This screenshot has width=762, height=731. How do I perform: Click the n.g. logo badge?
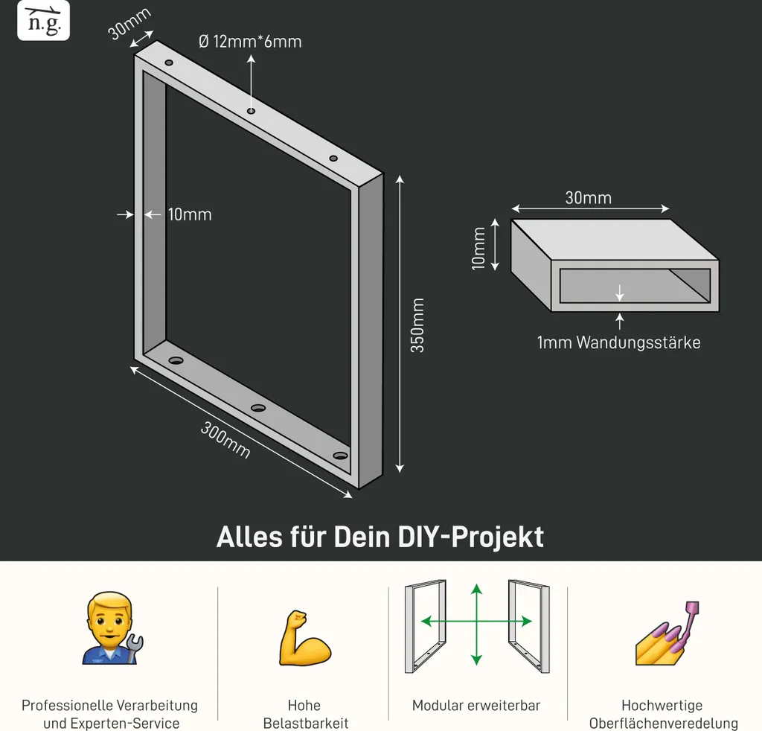click(43, 20)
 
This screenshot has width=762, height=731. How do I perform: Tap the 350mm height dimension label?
click(417, 325)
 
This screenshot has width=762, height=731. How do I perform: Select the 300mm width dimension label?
click(225, 440)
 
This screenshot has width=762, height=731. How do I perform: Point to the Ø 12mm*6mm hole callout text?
click(250, 42)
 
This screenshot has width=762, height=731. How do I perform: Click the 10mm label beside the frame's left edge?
click(190, 214)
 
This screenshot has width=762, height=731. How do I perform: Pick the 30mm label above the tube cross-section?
click(589, 198)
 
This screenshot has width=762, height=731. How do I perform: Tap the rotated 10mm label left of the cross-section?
click(478, 248)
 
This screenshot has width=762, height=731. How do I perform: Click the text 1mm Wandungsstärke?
click(618, 342)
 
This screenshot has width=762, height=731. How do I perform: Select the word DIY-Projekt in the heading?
click(470, 537)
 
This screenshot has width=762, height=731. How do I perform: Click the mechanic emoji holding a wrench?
click(112, 628)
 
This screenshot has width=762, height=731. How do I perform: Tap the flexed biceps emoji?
click(304, 638)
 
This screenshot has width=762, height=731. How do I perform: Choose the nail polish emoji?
click(667, 633)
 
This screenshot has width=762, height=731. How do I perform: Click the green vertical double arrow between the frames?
click(477, 624)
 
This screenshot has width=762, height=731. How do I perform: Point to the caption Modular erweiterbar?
click(476, 705)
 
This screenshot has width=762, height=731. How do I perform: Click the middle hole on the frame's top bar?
click(252, 112)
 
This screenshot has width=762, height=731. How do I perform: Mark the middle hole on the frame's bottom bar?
click(258, 408)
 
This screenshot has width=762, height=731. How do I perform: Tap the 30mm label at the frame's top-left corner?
click(129, 23)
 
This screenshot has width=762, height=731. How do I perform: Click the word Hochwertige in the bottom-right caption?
click(662, 705)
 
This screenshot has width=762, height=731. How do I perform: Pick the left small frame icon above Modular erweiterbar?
click(425, 626)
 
